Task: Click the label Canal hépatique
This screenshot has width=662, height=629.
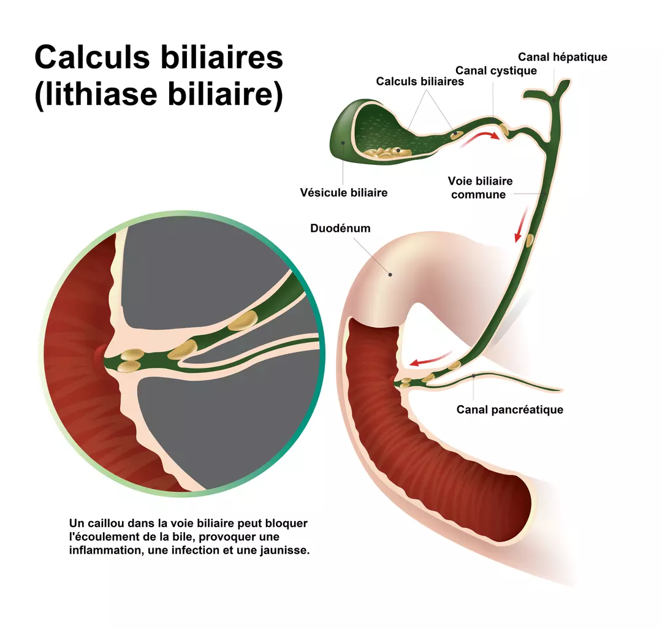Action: point(562,57)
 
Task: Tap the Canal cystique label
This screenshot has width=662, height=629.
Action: point(496,71)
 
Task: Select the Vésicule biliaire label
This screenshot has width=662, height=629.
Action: point(343,193)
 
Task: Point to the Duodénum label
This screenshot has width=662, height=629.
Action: point(340,229)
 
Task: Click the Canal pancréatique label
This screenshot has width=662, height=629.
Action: point(509,410)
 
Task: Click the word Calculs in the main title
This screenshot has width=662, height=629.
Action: point(90,57)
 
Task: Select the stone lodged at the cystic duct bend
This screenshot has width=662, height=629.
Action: point(503,130)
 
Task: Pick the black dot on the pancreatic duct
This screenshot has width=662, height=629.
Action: point(474,375)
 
